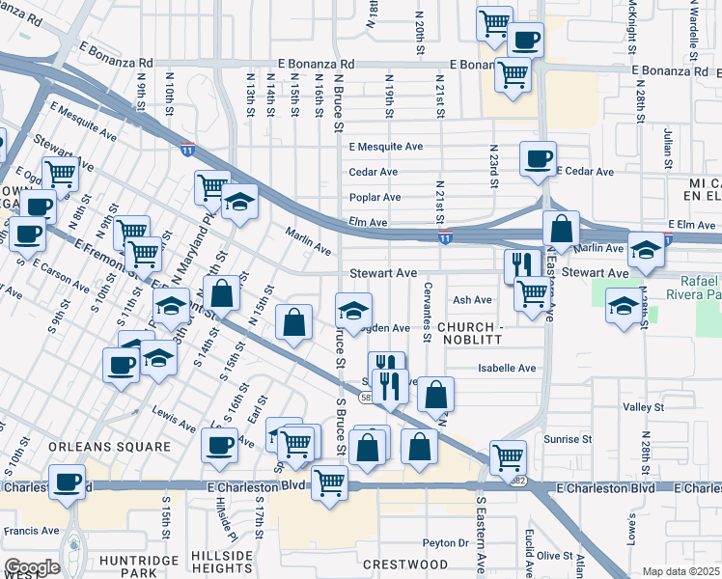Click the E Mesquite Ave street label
pyautogui.click(x=386, y=147)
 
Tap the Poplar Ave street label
pyautogui.click(x=375, y=197)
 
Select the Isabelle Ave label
pyautogui.click(x=507, y=368)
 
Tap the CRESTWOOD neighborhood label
pyautogui.click(x=405, y=564)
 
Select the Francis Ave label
pyautogui.click(x=32, y=530)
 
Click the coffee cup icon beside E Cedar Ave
pyautogui.click(x=538, y=157)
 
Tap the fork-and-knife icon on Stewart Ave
pyautogui.click(x=521, y=262)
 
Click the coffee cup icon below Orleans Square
pyautogui.click(x=67, y=481)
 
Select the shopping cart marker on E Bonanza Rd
pyautogui.click(x=512, y=70)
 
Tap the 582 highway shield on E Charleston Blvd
pyautogui.click(x=520, y=481)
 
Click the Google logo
pyautogui.click(x=32, y=567)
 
